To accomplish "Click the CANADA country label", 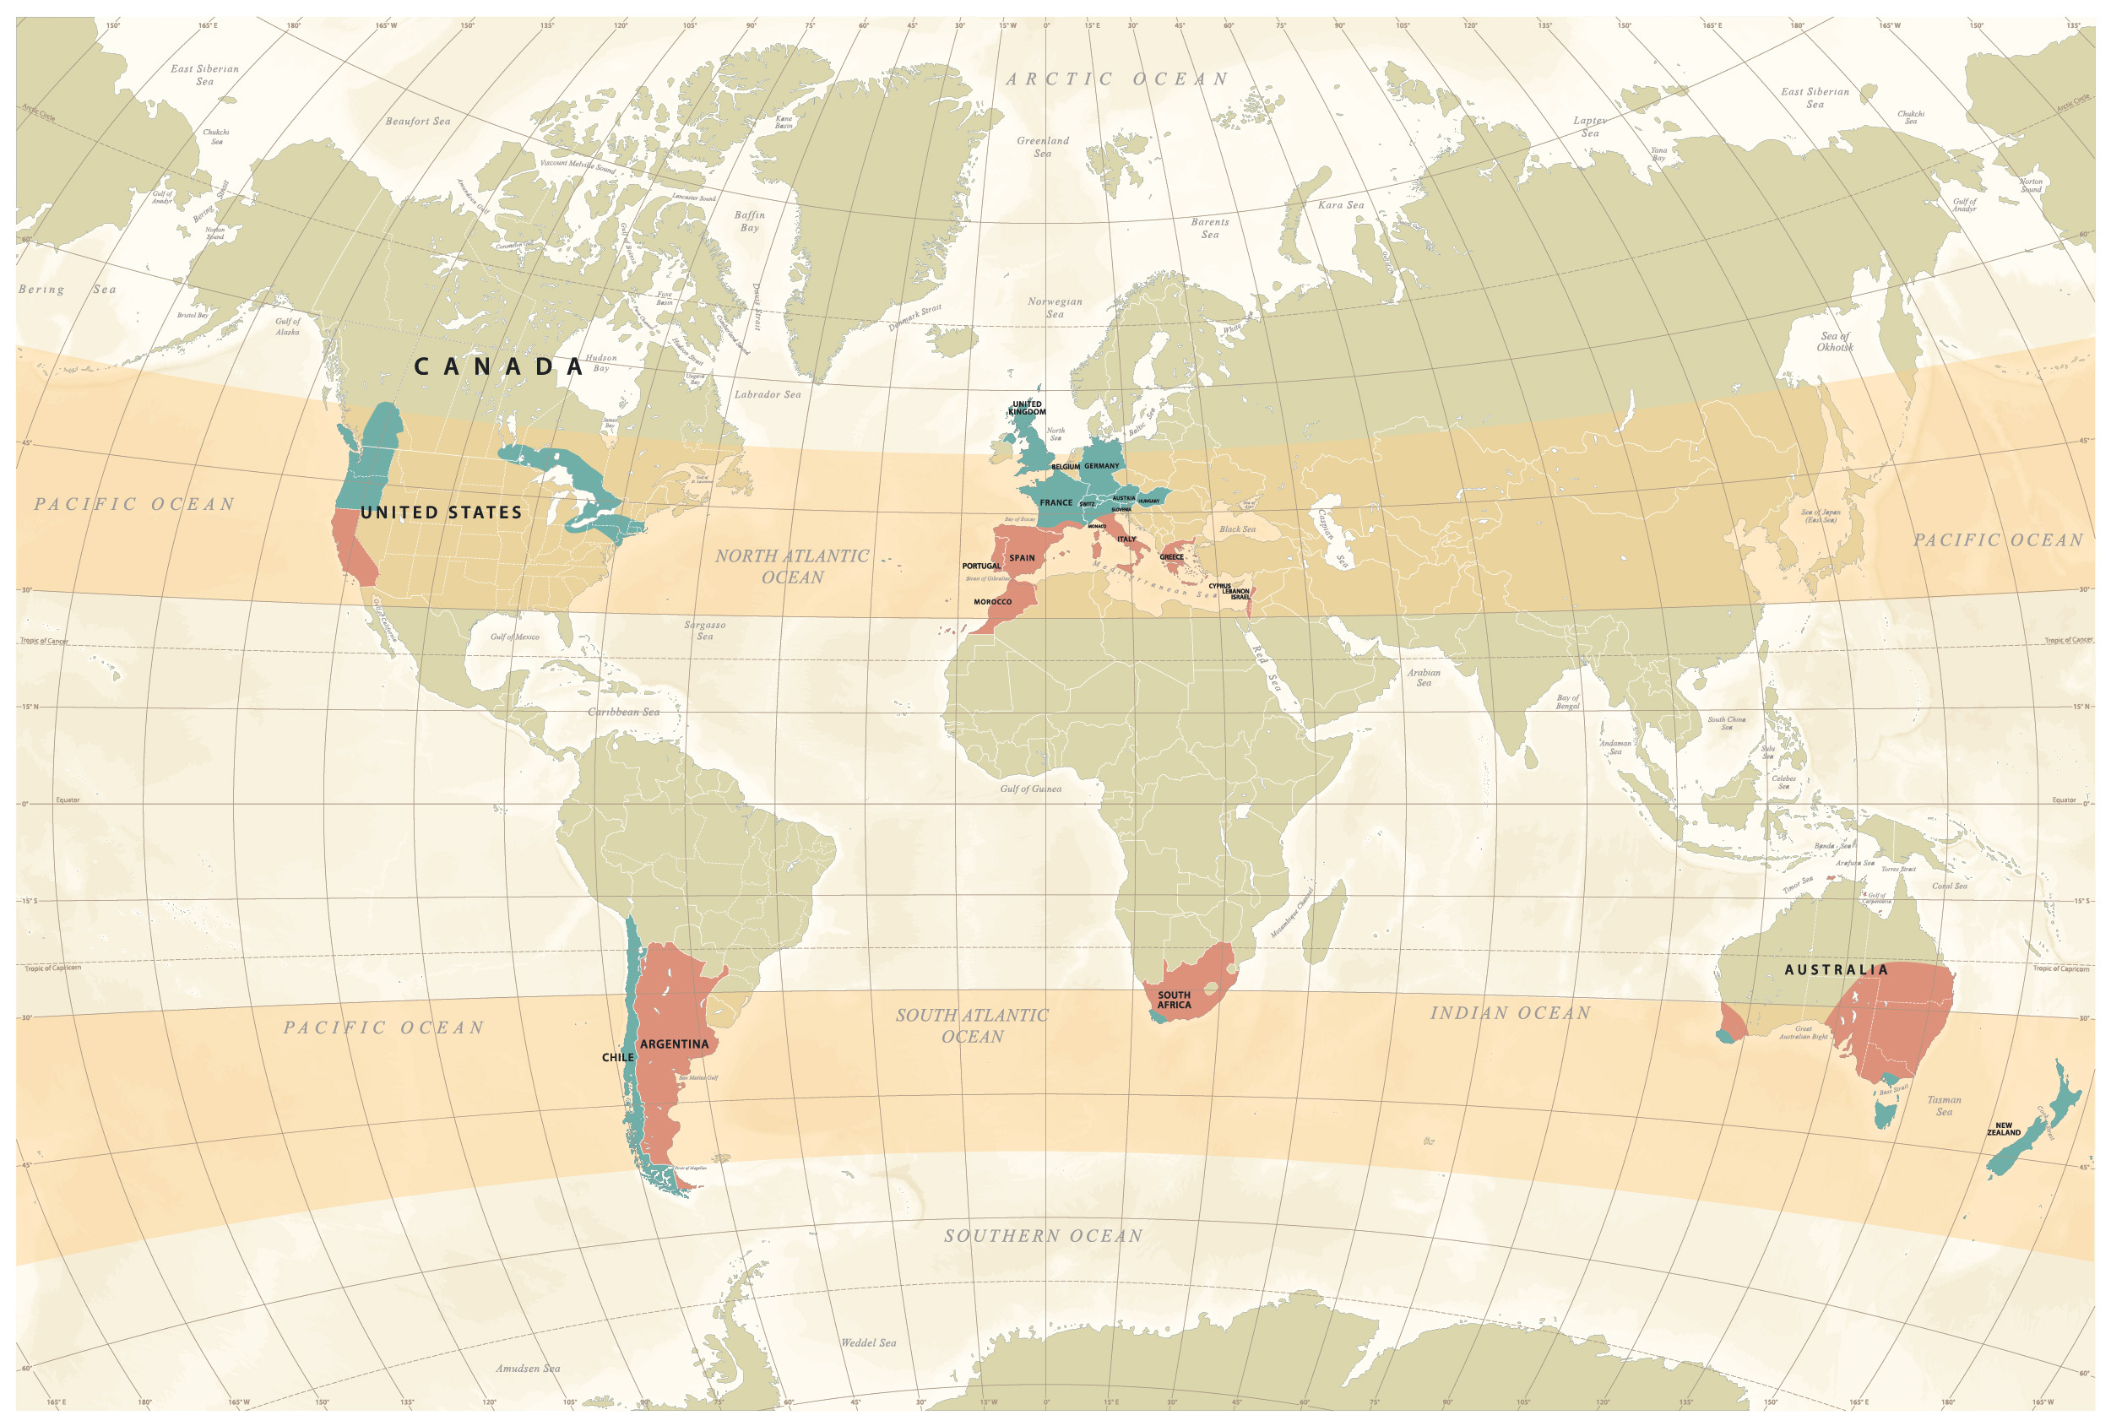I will tap(498, 367).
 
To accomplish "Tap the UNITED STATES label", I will tap(442, 512).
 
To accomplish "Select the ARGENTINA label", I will tap(674, 1044).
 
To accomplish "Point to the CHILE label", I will tap(617, 1057).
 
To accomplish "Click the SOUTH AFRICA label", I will tap(1174, 1000).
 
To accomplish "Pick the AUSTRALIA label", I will tap(1836, 970).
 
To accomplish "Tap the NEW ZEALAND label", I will tap(2003, 1129).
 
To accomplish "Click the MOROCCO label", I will tap(992, 602).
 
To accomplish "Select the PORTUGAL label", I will tap(981, 566).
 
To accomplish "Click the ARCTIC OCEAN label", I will tap(1117, 80).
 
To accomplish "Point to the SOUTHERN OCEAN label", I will tap(1043, 1236).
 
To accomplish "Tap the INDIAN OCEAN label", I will tap(1511, 1013).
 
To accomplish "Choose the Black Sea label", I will tap(1237, 529).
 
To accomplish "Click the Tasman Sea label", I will tap(1944, 1105).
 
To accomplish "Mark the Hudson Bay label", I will tap(600, 362).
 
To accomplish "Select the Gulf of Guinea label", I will tap(1030, 789).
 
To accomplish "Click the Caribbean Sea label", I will tap(623, 712).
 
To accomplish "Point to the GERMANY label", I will tap(1101, 466).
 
